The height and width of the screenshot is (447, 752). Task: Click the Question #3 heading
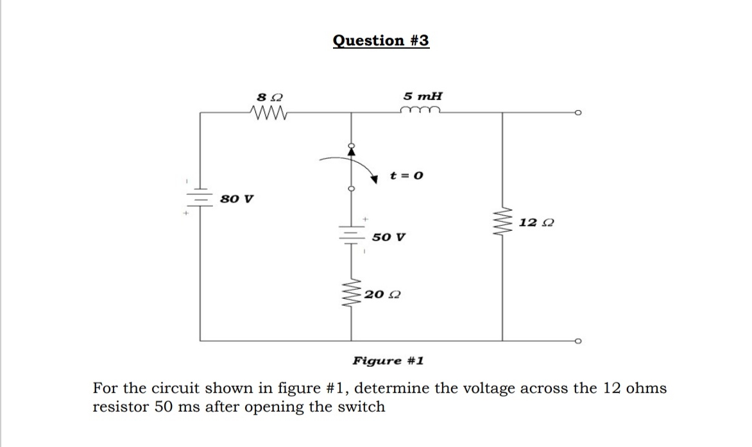[x=381, y=40]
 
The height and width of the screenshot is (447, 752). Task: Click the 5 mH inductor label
[x=422, y=96]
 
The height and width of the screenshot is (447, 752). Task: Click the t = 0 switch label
[x=407, y=175]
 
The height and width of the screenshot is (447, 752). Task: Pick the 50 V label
[x=388, y=237]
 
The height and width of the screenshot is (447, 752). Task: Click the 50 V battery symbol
[x=351, y=237]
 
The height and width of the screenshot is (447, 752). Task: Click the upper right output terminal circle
[x=578, y=112]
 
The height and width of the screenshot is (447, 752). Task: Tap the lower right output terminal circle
[x=578, y=341]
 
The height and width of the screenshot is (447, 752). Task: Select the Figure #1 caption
[x=388, y=361]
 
